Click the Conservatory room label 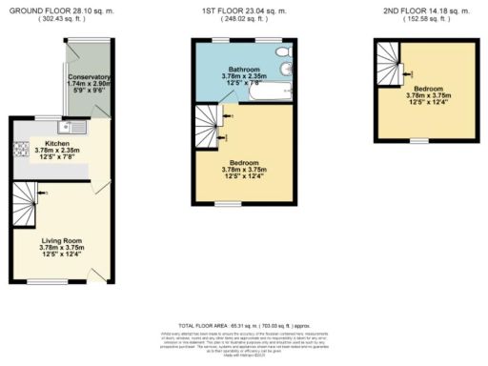click(x=89, y=77)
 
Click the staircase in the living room click(x=29, y=198)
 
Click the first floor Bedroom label click(x=246, y=163)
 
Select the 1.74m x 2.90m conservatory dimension click(x=89, y=84)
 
